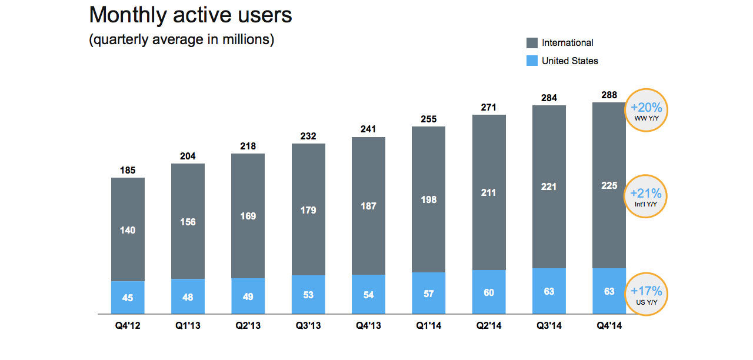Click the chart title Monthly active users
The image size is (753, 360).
190,15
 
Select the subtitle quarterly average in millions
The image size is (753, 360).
181,41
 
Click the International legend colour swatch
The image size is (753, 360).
532,43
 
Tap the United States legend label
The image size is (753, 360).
569,61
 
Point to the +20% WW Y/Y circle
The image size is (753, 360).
646,110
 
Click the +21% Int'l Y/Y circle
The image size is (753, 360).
646,196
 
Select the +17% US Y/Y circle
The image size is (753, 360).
646,294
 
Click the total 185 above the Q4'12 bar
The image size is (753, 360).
128,171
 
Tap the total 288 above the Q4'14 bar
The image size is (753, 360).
609,95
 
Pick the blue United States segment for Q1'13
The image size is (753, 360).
188,296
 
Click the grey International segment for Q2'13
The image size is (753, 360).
248,215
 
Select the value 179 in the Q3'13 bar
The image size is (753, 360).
308,210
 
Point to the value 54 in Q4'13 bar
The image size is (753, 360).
368,294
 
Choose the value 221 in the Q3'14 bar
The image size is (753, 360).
549,187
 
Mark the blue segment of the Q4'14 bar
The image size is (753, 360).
609,291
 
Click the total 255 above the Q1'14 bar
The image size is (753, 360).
428,119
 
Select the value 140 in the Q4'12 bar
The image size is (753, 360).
128,230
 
